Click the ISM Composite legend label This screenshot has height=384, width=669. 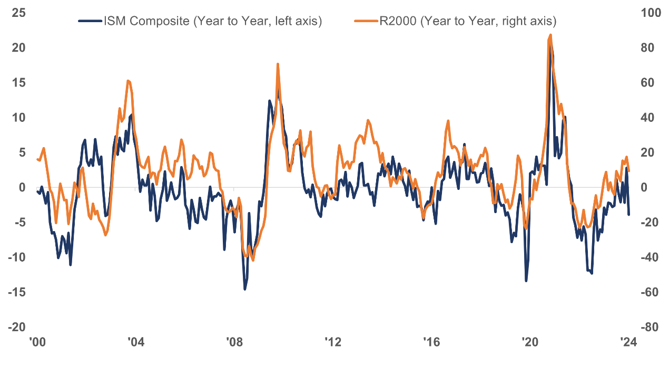pos(212,21)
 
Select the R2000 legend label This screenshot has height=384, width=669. pos(468,21)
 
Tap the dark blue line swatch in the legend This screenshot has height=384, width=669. pos(90,21)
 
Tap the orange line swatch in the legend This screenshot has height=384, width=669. pos(366,21)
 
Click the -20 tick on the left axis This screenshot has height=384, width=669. pos(17,327)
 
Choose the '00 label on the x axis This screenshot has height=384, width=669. pos(37,342)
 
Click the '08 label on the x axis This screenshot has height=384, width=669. pos(234,342)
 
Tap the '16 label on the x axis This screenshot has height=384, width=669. pos(431,342)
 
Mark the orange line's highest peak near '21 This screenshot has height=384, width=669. pos(550,35)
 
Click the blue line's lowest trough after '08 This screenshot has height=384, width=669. pos(245,289)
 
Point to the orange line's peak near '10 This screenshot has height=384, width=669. pos(278,64)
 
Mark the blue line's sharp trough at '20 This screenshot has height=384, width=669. pos(526,281)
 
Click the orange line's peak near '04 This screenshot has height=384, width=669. pos(128,81)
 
